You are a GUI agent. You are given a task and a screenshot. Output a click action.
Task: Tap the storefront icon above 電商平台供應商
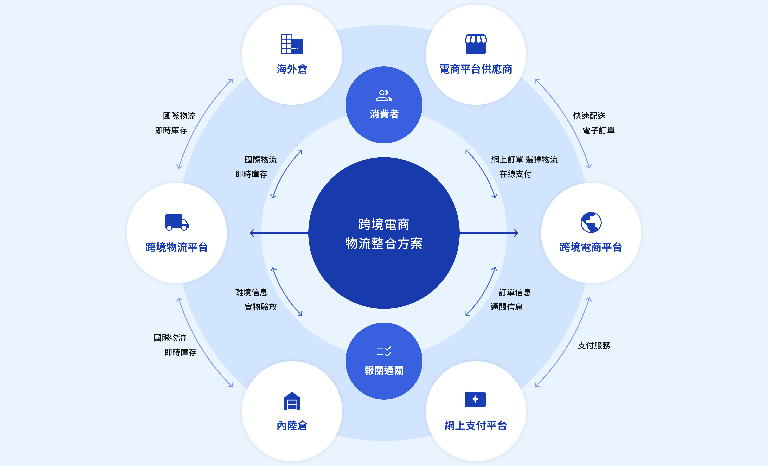(x=476, y=44)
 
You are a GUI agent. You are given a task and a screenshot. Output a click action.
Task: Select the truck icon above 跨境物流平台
(x=177, y=222)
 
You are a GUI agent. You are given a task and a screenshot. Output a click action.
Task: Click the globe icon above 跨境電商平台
(x=591, y=223)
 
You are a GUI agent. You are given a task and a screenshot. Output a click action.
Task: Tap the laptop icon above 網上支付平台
(x=475, y=400)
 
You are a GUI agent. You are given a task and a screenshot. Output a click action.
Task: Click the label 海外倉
(x=292, y=69)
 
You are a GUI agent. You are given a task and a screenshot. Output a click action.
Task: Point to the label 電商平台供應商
(x=476, y=69)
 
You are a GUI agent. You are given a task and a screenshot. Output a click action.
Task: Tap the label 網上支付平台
(x=476, y=425)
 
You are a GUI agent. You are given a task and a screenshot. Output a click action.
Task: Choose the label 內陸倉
(x=292, y=425)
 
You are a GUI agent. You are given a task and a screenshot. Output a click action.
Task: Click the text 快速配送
(x=589, y=116)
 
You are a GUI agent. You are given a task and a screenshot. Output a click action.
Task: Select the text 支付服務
(x=594, y=345)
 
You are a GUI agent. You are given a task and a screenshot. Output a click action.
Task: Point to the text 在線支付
(x=515, y=174)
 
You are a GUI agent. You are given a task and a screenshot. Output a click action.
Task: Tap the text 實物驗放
(x=261, y=307)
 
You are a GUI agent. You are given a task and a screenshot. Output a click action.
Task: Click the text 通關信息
(x=507, y=307)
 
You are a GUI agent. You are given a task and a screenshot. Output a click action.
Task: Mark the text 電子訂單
(x=598, y=130)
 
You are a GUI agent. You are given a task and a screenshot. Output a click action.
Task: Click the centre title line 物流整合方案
(x=384, y=243)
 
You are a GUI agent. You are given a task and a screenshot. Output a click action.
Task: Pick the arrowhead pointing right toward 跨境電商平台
(x=516, y=233)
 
